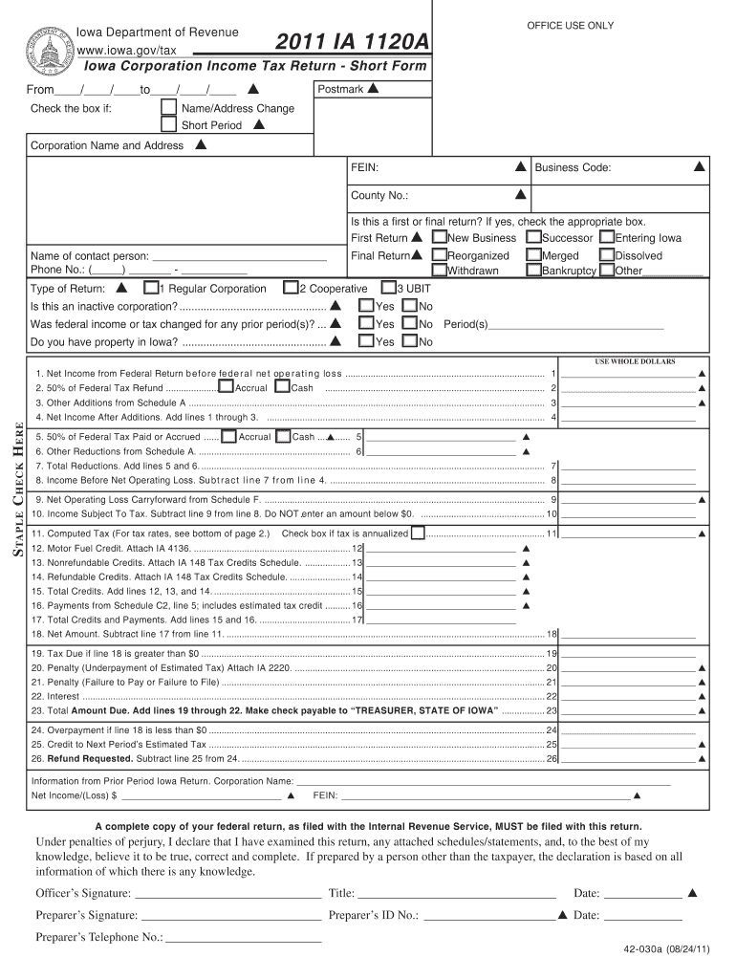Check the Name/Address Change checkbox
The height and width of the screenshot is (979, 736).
point(168,108)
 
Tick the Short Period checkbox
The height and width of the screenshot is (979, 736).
point(168,125)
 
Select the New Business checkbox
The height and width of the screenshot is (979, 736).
point(439,237)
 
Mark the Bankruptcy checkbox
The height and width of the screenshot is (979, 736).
point(533,271)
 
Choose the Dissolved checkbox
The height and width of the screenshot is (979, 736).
point(607,255)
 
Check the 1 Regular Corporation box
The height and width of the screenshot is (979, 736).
point(151,288)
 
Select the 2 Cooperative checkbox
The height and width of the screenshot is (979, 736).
point(291,288)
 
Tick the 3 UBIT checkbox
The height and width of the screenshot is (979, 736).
point(388,288)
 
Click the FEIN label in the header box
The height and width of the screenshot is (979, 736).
point(364,168)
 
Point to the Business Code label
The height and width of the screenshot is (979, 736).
point(573,168)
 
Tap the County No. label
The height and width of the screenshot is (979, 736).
point(379,195)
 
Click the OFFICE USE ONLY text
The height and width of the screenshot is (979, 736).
point(571,25)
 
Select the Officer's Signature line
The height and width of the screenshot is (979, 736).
point(227,894)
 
